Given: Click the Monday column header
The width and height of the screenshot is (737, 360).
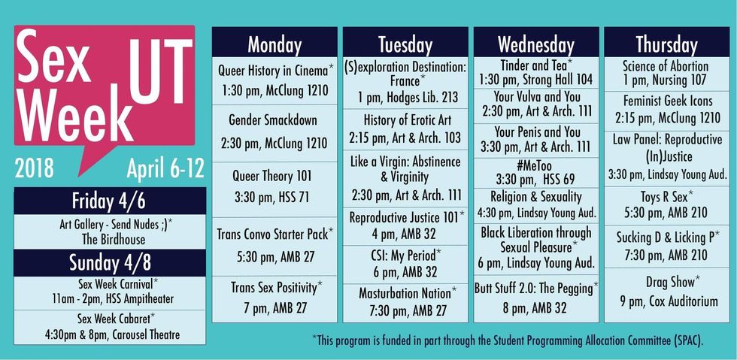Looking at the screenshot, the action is (x=274, y=45).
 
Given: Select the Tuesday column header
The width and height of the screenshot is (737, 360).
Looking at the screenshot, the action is (x=405, y=45).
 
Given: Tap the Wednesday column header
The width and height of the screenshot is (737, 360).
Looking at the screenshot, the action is (x=535, y=45).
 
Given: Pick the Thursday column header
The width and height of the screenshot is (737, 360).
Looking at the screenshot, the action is (x=666, y=45).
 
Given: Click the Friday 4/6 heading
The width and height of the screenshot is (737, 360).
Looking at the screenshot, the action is (x=109, y=201).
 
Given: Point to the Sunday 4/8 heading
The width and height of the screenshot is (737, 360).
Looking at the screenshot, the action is (x=110, y=263).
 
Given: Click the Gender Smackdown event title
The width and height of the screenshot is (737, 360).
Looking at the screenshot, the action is (x=273, y=119).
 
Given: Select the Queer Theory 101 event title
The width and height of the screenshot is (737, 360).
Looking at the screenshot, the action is (x=272, y=176).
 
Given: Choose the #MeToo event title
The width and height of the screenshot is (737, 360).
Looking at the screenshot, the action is (x=535, y=166).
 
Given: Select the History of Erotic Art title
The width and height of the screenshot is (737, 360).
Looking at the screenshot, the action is (x=405, y=119).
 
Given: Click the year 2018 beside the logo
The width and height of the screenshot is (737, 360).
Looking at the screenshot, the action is (x=34, y=168).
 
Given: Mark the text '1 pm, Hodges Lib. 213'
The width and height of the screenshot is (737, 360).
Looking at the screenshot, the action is (x=405, y=98).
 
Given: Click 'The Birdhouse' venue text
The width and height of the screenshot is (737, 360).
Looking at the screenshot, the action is (x=114, y=239).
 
